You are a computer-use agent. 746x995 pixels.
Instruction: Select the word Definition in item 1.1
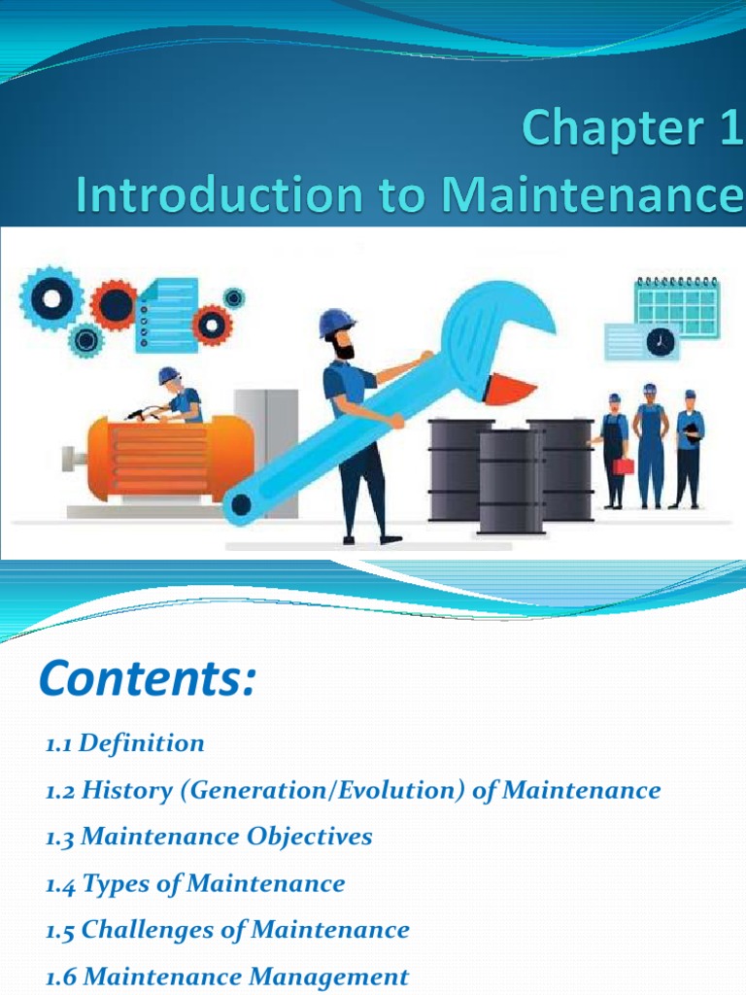pos(142,743)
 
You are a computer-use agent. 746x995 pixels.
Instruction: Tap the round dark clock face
pos(662,341)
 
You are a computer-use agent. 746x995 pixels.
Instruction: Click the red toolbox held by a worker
pos(623,464)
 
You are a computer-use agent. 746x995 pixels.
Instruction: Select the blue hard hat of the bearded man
pos(336,322)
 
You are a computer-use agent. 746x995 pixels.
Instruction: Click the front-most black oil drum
pos(510,480)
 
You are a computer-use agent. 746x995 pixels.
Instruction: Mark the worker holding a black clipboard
pos(689,448)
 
